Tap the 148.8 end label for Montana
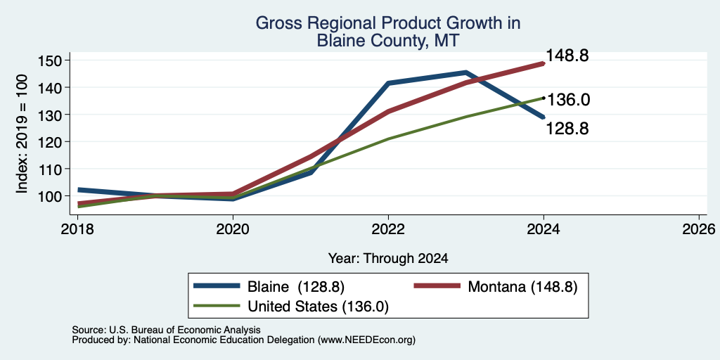(x=567, y=56)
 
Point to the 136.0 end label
(x=568, y=100)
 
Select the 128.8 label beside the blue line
(x=567, y=129)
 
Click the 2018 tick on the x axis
(x=77, y=229)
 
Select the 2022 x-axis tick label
(x=388, y=229)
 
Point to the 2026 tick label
(x=700, y=229)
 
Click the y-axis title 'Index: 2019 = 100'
(x=22, y=134)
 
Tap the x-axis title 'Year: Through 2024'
(x=388, y=259)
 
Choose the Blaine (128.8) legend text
(x=296, y=287)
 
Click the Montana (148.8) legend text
(x=522, y=287)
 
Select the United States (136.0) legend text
(x=319, y=307)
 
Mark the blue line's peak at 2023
(x=465, y=72)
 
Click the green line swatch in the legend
(x=217, y=305)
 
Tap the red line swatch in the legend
(x=437, y=285)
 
